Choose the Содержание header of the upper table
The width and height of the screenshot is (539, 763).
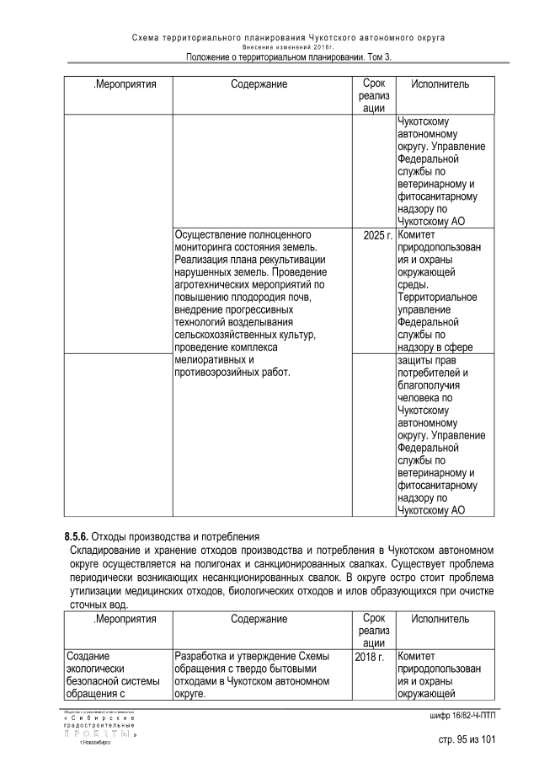point(259,84)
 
